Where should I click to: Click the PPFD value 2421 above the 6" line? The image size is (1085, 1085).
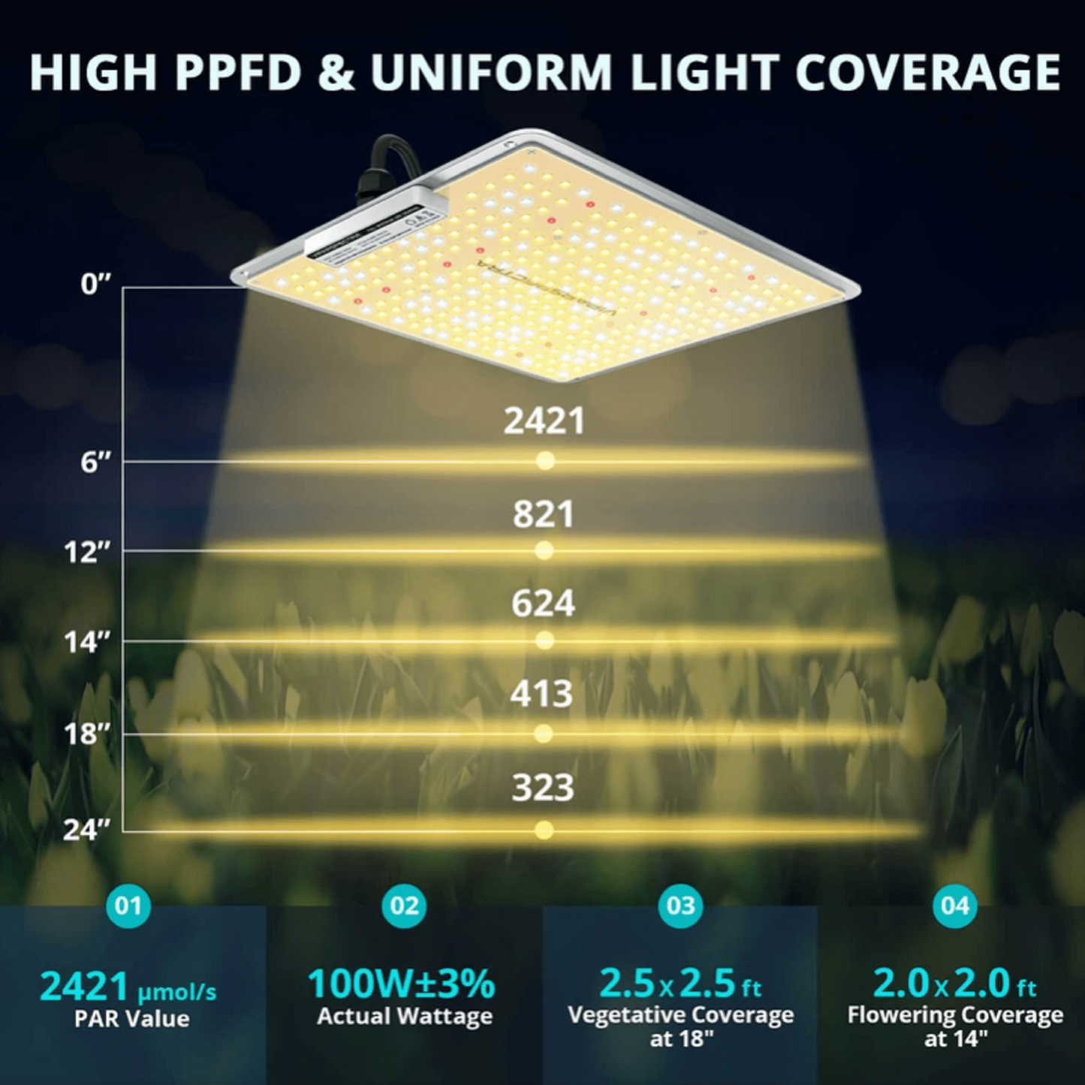coord(544,420)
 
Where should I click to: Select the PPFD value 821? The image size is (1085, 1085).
coord(543,514)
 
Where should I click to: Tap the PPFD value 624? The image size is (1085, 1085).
coord(543,604)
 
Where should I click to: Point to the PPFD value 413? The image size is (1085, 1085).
coord(541,694)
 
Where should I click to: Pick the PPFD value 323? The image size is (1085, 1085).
coord(543,788)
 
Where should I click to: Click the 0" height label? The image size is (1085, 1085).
coord(95,285)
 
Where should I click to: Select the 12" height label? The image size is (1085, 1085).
coord(87,553)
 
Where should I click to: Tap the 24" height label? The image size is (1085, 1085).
coord(86,830)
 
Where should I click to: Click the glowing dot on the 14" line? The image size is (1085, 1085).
coord(545,640)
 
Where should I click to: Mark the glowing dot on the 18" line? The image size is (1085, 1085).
coord(544,734)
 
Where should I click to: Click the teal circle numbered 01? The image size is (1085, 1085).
coord(128,906)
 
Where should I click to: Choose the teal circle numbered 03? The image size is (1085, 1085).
coord(680,906)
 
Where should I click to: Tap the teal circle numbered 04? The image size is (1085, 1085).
coord(955,906)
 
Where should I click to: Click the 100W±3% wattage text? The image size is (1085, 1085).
coord(402,984)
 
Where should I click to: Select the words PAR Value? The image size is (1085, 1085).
coord(132,1019)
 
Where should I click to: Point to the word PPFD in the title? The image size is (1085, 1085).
coord(240,73)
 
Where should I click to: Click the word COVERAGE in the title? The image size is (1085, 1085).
coord(927,73)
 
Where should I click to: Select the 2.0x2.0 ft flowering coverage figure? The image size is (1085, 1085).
coord(954,984)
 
